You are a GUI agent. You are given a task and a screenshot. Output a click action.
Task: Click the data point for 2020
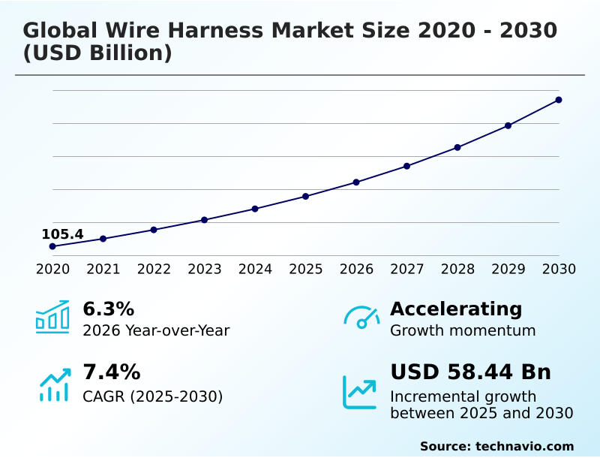click(52, 246)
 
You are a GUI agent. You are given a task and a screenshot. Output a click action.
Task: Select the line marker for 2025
click(306, 197)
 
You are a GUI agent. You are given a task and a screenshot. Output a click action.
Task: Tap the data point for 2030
click(559, 100)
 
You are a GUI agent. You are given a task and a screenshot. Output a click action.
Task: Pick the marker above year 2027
click(406, 166)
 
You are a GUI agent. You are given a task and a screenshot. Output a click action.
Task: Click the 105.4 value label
click(62, 234)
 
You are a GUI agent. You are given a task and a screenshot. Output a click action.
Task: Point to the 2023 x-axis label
click(205, 270)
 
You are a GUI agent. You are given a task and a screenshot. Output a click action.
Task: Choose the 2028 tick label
click(457, 270)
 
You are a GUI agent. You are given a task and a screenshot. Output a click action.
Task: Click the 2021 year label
click(103, 270)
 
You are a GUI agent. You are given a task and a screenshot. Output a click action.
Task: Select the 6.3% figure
click(108, 309)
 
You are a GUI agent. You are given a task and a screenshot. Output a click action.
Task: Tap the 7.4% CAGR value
click(111, 372)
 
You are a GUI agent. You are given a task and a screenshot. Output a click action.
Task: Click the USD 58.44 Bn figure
click(470, 372)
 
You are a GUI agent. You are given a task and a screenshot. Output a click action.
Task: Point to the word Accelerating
click(456, 309)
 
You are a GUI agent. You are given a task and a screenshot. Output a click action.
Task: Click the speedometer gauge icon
click(361, 318)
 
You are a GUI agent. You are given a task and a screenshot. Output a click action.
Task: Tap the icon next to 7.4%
click(54, 384)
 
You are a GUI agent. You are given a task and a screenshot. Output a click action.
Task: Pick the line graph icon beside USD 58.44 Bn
click(360, 392)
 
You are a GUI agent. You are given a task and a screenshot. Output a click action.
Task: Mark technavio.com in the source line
click(524, 446)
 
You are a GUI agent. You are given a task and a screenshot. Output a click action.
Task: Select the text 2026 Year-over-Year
click(156, 330)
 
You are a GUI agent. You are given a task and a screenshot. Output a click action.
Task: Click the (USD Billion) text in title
click(97, 54)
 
